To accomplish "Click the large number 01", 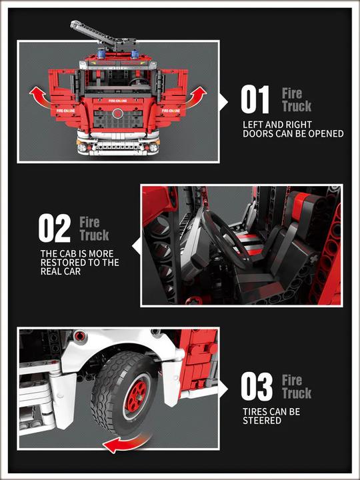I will pos(255,100).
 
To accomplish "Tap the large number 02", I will pos(54,229).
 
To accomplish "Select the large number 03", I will pos(257,387).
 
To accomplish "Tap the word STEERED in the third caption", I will pos(261,421).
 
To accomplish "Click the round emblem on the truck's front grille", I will pos(118,113).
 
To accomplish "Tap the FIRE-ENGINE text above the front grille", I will pos(118,101).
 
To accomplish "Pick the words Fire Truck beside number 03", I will pos(297,387).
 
